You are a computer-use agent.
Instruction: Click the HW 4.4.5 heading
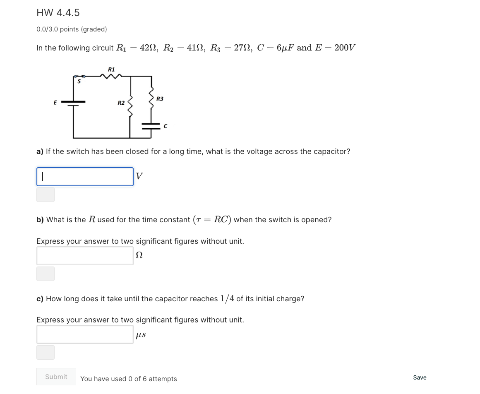[58, 13]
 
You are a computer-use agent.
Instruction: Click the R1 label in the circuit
[111, 69]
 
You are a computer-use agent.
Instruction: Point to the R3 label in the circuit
[160, 99]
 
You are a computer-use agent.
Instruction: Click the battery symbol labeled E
[73, 103]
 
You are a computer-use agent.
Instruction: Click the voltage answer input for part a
[85, 177]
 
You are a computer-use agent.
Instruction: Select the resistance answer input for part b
[85, 256]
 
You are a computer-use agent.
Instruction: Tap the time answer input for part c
[85, 334]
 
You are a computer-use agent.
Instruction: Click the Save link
[420, 377]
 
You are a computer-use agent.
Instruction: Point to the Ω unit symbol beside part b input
[139, 256]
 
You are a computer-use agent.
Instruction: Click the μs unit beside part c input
[141, 335]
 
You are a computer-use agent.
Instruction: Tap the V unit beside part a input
[139, 176]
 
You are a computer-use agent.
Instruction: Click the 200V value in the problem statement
[345, 48]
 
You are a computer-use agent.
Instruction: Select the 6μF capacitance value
[285, 48]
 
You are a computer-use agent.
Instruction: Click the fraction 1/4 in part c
[227, 298]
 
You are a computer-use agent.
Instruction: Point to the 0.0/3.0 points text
[72, 29]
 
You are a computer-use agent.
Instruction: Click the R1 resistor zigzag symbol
[111, 76]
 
